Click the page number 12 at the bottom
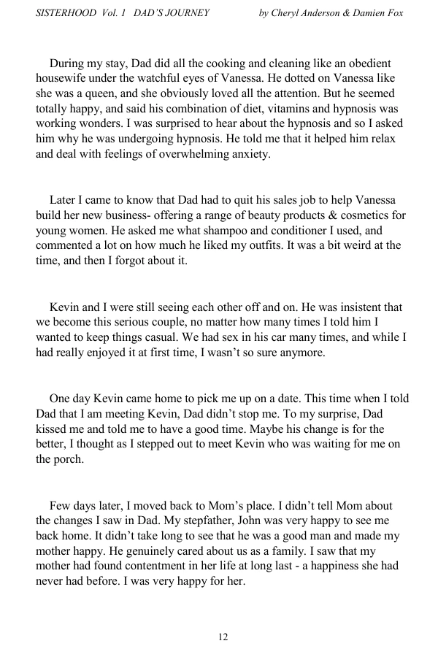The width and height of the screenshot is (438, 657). pos(223,637)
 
